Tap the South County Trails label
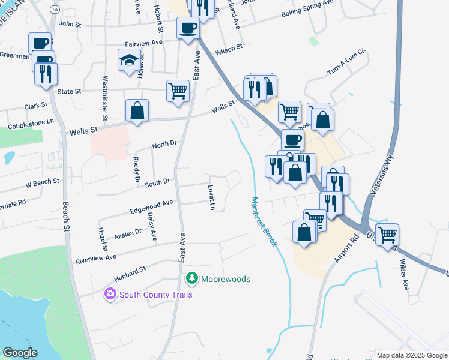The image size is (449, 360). (x=155, y=295)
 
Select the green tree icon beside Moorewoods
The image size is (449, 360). (x=192, y=278)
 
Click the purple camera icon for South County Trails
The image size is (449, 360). (x=110, y=294)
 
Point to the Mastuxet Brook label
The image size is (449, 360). (x=264, y=222)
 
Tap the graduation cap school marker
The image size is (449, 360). (x=130, y=61)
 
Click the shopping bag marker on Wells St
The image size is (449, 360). (x=137, y=111)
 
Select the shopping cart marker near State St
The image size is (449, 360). (x=178, y=92)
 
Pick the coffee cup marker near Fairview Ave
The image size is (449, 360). (x=188, y=28)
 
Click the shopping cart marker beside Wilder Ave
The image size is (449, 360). (x=387, y=235)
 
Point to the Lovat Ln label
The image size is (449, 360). (x=212, y=198)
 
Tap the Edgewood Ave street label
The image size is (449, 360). (x=151, y=207)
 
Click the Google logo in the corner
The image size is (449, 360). (x=20, y=353)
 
